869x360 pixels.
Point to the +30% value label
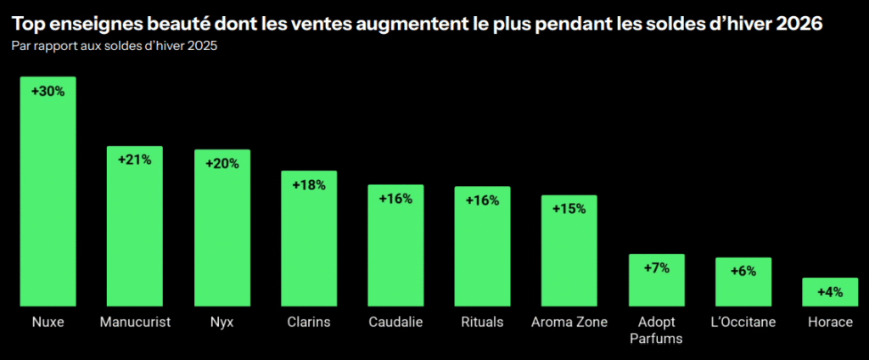pos(48,92)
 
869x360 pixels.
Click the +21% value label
pos(134,160)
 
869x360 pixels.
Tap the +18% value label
pos(309,185)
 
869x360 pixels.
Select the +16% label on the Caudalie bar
pos(395,199)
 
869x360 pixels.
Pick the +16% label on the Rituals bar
pos(482,200)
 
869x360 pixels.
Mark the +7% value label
pos(656,267)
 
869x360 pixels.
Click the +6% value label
pos(743,271)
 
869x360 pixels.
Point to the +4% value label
pos(829,292)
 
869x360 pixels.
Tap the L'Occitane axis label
pos(743,323)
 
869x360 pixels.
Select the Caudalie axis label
pos(395,323)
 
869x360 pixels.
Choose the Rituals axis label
pos(482,323)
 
